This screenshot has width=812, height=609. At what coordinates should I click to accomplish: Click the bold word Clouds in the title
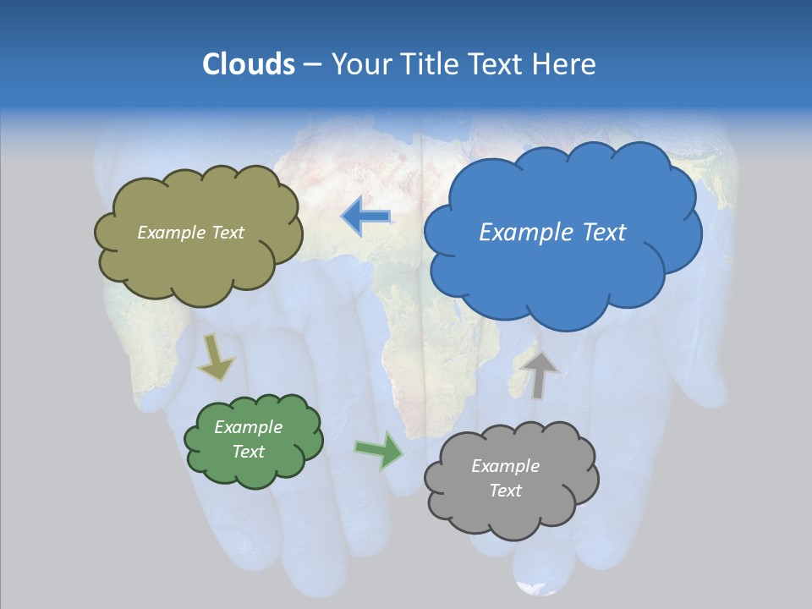click(248, 64)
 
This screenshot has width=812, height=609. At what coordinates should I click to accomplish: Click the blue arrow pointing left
click(365, 217)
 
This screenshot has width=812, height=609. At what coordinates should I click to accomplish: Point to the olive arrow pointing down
click(216, 357)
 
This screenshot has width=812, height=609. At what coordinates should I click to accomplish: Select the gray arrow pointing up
click(539, 374)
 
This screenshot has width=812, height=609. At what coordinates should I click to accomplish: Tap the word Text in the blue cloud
click(604, 233)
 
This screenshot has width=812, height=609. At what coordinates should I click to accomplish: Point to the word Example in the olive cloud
click(172, 233)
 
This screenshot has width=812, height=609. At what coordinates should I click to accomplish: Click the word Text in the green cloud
click(249, 452)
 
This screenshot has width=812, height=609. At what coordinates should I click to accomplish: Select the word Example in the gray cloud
click(505, 466)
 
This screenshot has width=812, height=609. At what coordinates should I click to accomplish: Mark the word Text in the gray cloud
click(505, 491)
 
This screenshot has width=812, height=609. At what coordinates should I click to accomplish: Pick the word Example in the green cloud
click(249, 427)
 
